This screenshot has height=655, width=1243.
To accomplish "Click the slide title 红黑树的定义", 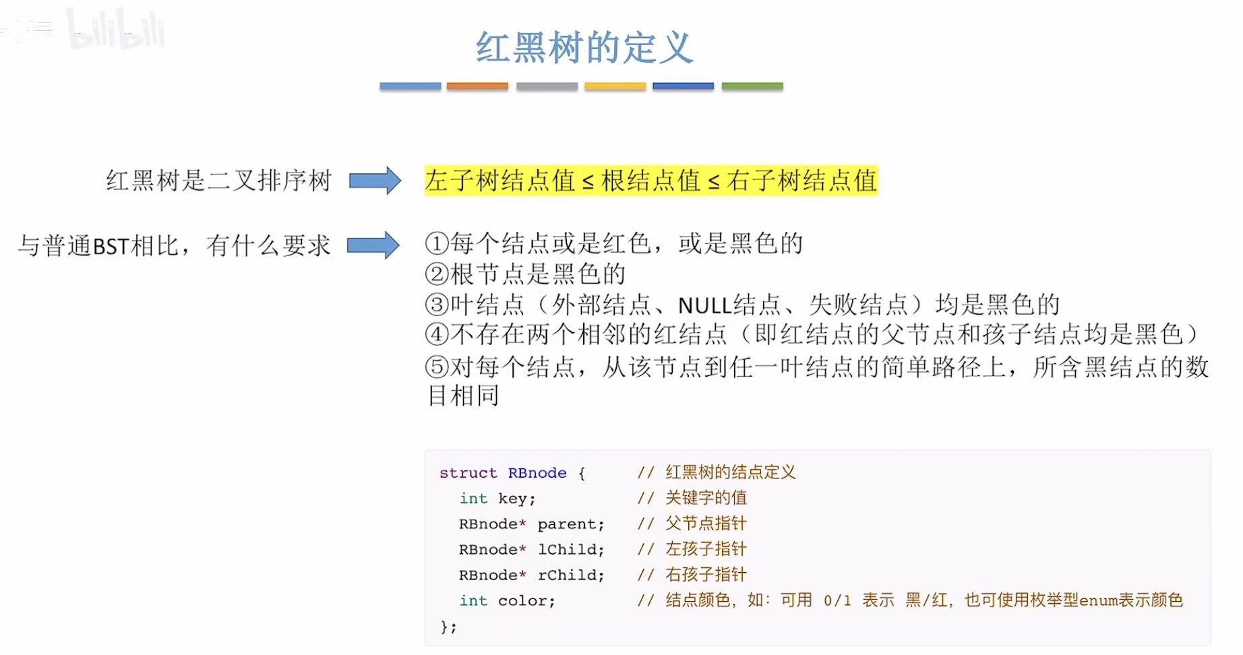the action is (584, 47).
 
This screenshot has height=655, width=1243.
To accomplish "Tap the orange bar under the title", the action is (477, 86).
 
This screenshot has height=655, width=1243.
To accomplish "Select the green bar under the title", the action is (752, 86).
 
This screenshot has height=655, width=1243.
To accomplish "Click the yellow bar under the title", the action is (615, 86).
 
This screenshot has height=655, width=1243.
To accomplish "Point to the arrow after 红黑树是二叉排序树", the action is (375, 181).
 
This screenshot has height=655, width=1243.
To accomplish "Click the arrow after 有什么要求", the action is (373, 245).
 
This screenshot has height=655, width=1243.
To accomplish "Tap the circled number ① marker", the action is (437, 243).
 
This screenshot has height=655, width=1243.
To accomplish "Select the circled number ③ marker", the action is (437, 305).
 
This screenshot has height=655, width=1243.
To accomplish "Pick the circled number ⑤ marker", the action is (437, 367).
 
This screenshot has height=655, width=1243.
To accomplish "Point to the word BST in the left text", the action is (111, 247).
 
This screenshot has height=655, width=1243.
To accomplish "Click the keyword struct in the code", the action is (468, 473).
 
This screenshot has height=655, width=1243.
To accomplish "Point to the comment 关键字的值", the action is (706, 498).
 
